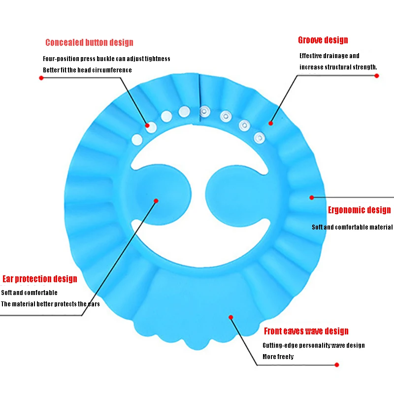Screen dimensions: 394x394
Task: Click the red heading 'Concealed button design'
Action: (x=89, y=43)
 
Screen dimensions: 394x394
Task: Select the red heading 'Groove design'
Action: (x=323, y=40)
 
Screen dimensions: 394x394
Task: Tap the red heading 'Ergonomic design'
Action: (x=359, y=210)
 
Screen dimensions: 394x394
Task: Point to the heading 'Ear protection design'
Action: (x=40, y=279)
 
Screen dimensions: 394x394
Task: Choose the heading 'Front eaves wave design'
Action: (x=306, y=331)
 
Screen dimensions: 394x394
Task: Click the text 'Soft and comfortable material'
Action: (x=352, y=228)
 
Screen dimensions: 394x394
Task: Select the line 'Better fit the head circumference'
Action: (x=87, y=70)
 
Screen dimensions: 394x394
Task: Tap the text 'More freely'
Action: (x=278, y=357)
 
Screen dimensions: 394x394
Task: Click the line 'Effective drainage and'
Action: (x=329, y=56)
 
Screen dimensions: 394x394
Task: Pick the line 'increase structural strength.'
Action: (x=338, y=67)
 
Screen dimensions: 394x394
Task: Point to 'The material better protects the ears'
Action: (x=50, y=304)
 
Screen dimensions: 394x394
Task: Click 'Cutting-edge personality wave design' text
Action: (x=314, y=346)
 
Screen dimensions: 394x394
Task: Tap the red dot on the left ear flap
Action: (x=156, y=200)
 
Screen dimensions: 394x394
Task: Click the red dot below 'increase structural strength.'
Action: (x=377, y=76)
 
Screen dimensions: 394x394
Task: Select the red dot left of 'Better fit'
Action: (x=41, y=77)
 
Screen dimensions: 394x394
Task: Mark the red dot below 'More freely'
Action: (x=337, y=365)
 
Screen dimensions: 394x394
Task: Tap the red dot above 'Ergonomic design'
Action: (x=311, y=197)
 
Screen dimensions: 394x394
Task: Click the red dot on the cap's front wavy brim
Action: (x=230, y=317)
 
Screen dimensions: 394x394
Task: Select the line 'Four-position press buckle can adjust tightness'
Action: (x=106, y=59)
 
